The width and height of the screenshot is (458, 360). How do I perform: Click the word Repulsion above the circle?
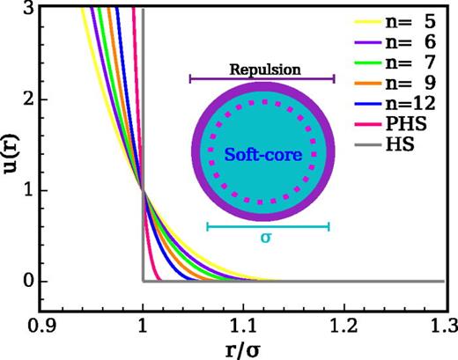coord(262,68)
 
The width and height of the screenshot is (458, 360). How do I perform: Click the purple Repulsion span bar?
coord(262,79)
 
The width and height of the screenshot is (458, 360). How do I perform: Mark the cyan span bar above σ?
coord(268,226)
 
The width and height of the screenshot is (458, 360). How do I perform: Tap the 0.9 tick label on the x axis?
coord(41,325)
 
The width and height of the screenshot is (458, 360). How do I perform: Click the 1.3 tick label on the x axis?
coord(444,325)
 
